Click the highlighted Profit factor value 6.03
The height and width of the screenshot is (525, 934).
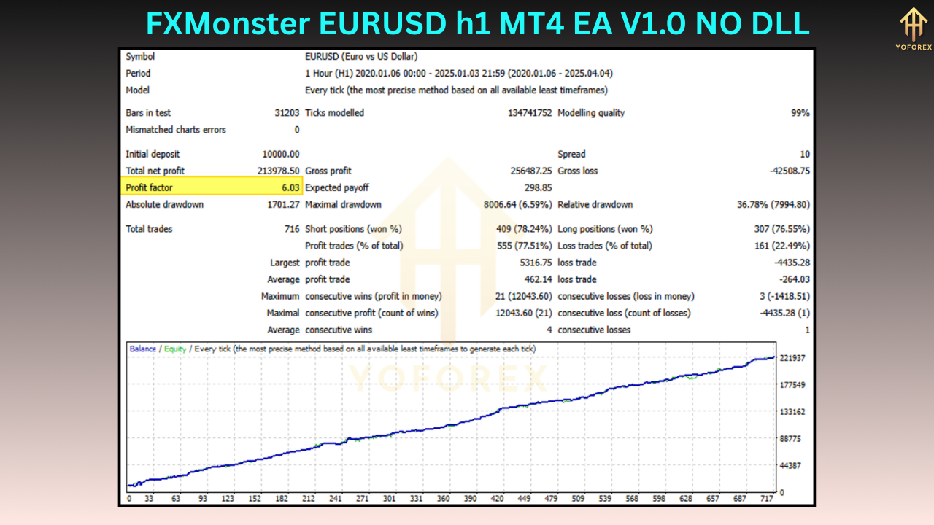pyautogui.click(x=290, y=188)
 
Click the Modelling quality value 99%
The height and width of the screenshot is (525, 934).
pyautogui.click(x=800, y=113)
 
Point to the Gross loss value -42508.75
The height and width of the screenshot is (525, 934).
pyautogui.click(x=785, y=171)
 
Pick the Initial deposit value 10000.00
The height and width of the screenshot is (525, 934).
pyautogui.click(x=281, y=155)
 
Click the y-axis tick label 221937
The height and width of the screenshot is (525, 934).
pyautogui.click(x=792, y=358)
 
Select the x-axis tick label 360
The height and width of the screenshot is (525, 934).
pyautogui.click(x=443, y=499)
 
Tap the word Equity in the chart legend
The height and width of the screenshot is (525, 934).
pyautogui.click(x=175, y=349)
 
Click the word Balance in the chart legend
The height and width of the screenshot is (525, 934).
pyautogui.click(x=143, y=349)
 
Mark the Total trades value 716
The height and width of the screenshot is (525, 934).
pyautogui.click(x=292, y=229)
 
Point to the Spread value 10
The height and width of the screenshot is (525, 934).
pyautogui.click(x=804, y=155)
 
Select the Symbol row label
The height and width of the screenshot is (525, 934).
pyautogui.click(x=140, y=57)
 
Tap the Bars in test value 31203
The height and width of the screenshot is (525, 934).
pyautogui.click(x=285, y=113)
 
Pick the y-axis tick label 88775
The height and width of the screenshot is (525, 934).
pyautogui.click(x=791, y=439)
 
